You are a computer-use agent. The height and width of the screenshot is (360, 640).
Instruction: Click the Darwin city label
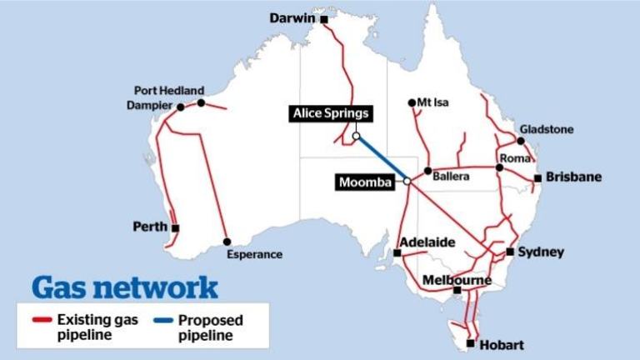coord(293,17)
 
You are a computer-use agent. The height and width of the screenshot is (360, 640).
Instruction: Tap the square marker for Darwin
coord(324,18)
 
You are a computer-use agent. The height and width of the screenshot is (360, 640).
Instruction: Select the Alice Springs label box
coord(330,113)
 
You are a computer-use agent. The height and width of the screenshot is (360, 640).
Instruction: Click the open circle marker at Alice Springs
coord(356,136)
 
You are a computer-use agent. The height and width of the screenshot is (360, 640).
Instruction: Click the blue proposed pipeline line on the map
coord(381,157)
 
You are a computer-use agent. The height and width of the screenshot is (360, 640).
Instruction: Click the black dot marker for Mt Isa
coord(412,103)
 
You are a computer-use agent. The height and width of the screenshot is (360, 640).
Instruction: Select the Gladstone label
coord(547,130)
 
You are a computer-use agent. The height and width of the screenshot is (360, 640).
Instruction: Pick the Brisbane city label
coord(574,177)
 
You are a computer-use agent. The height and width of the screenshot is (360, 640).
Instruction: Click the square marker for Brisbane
coord(538,178)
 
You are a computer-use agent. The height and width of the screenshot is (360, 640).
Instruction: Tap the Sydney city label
coord(541,252)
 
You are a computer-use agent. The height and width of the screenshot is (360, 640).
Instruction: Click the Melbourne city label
coord(457,280)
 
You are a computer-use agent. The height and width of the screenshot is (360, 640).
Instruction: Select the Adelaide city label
coord(427,242)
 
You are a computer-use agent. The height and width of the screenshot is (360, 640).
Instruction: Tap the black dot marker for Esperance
coord(227,242)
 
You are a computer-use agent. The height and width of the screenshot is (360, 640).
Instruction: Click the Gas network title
coord(125,288)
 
